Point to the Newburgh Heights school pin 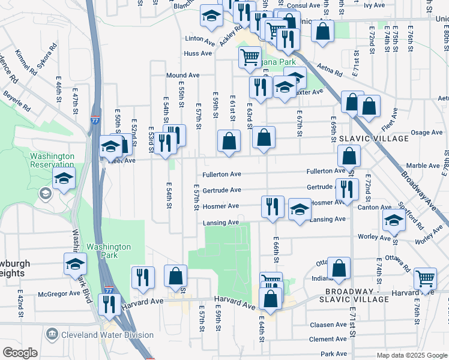(x=76, y=263)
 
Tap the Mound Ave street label (x=182, y=76)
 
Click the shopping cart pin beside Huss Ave (x=250, y=58)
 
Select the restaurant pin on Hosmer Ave (x=273, y=206)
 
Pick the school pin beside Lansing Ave (x=300, y=209)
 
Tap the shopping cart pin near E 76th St (x=425, y=278)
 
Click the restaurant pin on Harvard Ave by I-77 (x=109, y=304)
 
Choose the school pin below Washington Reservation (x=64, y=179)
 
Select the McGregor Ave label (x=59, y=294)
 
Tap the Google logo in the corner (x=20, y=353)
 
